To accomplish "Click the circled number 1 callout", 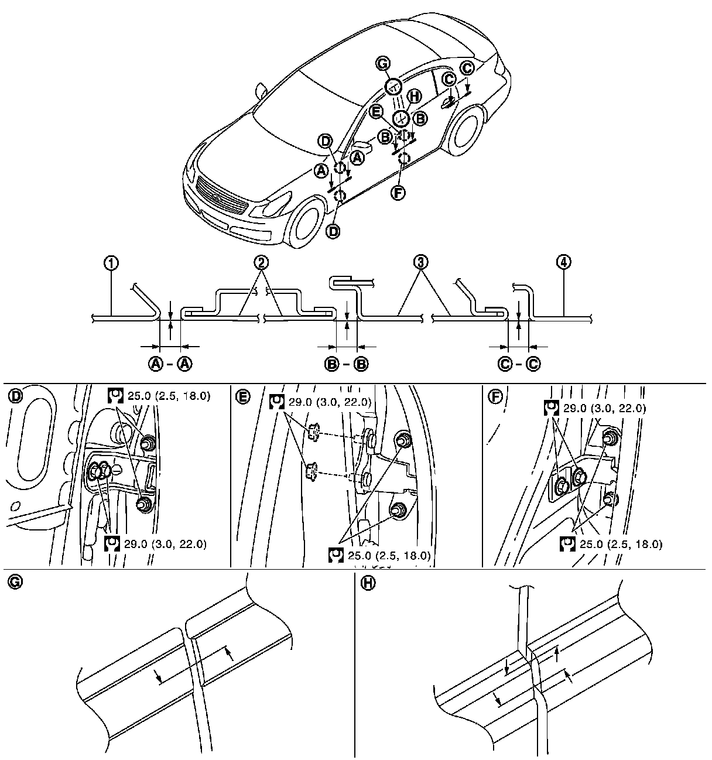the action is (x=112, y=263).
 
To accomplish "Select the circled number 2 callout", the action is (x=262, y=262).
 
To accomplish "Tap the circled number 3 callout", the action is (x=420, y=262).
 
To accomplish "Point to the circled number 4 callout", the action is (x=564, y=262).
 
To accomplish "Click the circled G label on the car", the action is (x=383, y=64).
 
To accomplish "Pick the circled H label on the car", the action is (x=414, y=97).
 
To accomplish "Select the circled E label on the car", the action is (x=377, y=112).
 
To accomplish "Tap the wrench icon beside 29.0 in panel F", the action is (x=551, y=408).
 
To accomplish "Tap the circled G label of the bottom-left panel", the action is (x=15, y=583).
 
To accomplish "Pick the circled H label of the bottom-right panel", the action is (x=368, y=583).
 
